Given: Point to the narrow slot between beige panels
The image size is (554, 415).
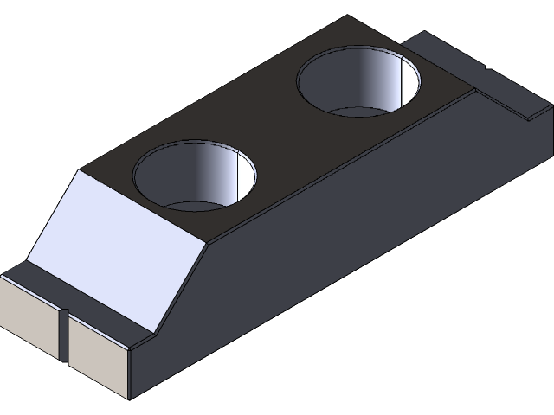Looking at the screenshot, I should (63, 334).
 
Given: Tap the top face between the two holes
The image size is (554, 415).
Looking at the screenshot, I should (277, 130).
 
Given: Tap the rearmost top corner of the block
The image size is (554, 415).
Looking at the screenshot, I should (346, 16).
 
